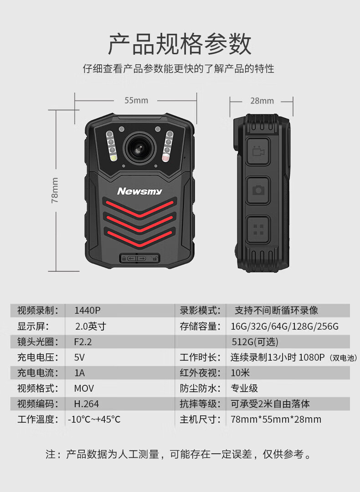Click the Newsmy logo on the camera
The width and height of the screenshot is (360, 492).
coord(139,191)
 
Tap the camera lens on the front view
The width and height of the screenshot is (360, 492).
coord(140,148)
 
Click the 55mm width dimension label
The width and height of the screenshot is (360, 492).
coord(136,100)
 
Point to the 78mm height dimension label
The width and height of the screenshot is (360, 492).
coord(55,190)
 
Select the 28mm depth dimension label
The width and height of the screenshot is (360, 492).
coord(262,101)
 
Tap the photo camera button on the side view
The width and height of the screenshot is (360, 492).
coord(258,190)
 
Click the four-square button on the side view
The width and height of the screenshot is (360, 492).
coord(258,229)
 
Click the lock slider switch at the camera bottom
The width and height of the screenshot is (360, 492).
coord(140,258)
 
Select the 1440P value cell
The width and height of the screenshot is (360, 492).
coord(87,311)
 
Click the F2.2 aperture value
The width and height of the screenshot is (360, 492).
coord(83,342)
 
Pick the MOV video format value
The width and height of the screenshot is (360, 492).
coord(84,388)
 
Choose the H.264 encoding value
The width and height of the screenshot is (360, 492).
coord(86,404)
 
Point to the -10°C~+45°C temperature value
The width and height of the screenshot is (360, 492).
coord(94,419)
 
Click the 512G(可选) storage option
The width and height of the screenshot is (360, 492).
coord(255,342)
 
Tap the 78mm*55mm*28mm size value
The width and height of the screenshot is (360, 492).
coord(276,419)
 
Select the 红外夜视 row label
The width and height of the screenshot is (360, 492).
coord(198,373)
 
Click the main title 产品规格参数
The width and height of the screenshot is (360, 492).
coord(180,44)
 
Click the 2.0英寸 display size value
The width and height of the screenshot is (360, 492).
coord(91,326)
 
